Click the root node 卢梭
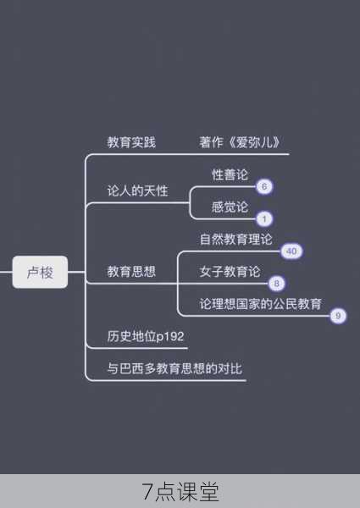tap(40, 272)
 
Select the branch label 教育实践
tap(131, 142)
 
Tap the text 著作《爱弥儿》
tap(240, 142)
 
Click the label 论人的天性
tap(137, 190)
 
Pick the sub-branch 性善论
tap(230, 174)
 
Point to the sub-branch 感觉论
tap(230, 207)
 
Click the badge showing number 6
tap(264, 186)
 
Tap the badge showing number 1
tap(264, 219)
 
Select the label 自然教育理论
tap(235, 239)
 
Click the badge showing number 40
tap(291, 251)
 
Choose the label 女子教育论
tap(230, 272)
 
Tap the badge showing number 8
tap(276, 284)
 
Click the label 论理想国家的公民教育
tap(261, 304)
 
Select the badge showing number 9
tap(338, 316)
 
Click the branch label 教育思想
tap(131, 272)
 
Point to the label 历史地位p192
tap(146, 336)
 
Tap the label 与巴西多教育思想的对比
tap(174, 368)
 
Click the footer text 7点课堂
tap(180, 492)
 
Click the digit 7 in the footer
tap(147, 492)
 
